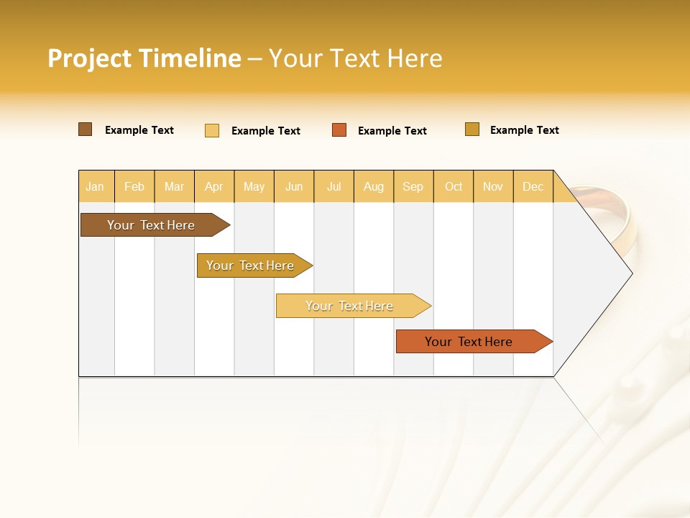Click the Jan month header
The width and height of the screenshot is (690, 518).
[x=96, y=186]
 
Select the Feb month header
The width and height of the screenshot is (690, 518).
[x=134, y=186]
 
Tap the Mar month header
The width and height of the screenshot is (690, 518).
[x=174, y=186]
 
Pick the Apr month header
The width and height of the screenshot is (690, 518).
[x=214, y=186]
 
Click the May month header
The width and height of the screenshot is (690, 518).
[x=254, y=186]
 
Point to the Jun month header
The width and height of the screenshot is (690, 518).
[x=294, y=186]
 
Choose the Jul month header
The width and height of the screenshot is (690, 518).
[x=333, y=186]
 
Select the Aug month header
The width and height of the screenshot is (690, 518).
[x=374, y=186]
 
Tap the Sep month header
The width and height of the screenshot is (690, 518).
[x=413, y=186]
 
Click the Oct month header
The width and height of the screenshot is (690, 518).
[x=454, y=186]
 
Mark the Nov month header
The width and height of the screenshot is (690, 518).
[x=493, y=186]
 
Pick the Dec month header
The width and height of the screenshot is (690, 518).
[x=533, y=186]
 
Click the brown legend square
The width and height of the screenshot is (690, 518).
[x=86, y=129]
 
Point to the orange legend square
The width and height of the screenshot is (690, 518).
[x=339, y=130]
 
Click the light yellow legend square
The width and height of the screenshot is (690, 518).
[x=212, y=130]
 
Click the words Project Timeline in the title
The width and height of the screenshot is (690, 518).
[x=144, y=58]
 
